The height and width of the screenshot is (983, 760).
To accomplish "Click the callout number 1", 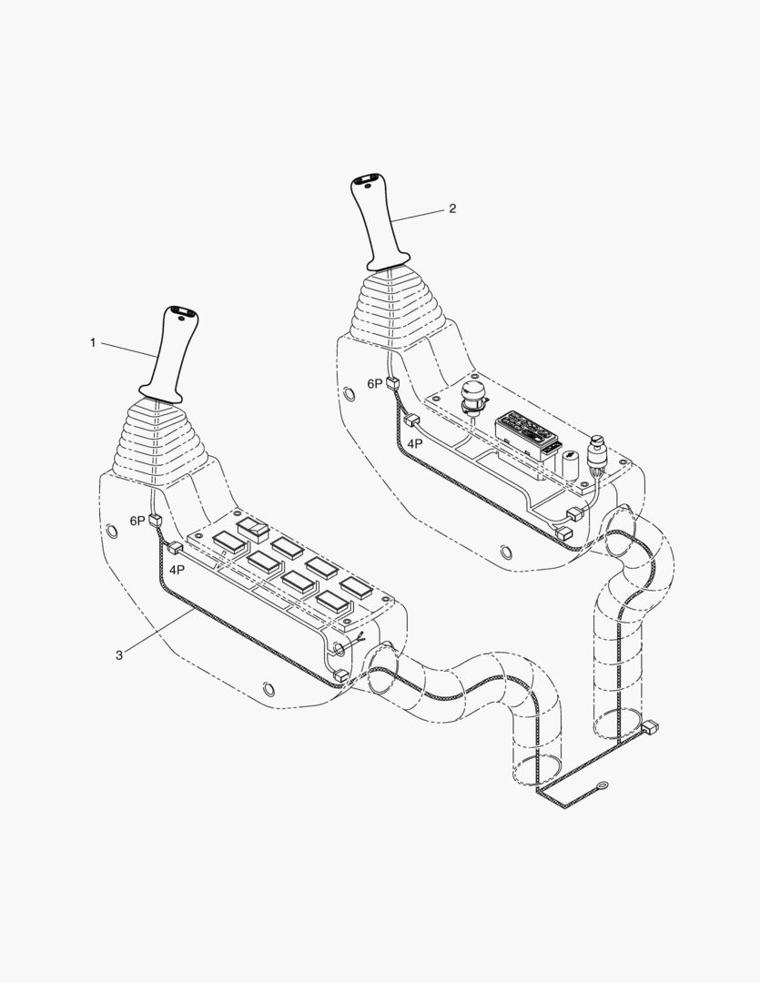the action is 93,343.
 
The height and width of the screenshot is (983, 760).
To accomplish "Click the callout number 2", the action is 452,208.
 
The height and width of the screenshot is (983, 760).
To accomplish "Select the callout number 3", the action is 119,655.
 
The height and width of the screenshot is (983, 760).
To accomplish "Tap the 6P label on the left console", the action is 137,521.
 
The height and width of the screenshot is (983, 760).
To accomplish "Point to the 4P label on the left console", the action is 177,570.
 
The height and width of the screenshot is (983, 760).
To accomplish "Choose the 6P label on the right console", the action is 374,384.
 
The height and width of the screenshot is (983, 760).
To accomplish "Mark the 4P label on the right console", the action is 414,444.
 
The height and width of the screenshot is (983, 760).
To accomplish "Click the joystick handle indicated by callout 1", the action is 169,354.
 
